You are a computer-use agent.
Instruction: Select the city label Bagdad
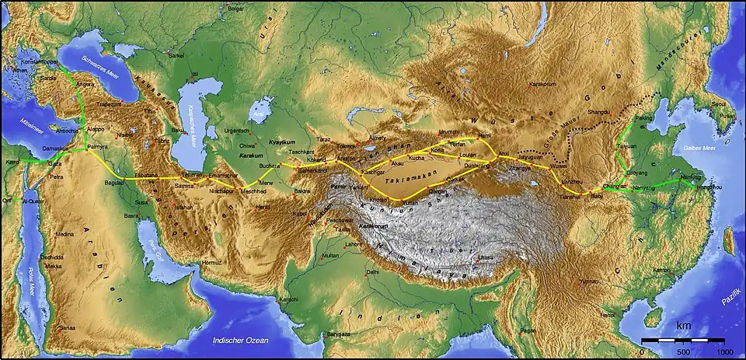pos(113,181)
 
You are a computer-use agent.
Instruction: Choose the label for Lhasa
pos(486,257)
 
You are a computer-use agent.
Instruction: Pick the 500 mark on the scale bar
pos(683,351)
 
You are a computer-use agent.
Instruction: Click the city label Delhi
pos(372,273)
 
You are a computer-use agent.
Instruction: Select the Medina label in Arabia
pos(64,234)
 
